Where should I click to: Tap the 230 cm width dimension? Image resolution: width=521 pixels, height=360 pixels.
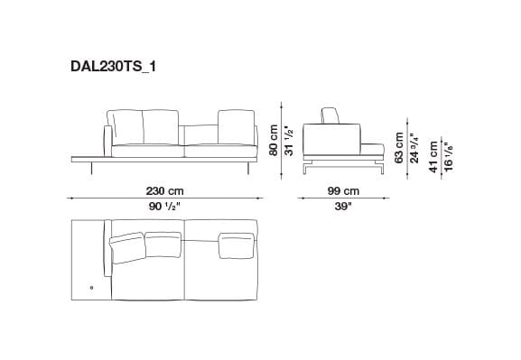[x=165, y=190]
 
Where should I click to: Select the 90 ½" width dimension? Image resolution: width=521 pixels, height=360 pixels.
[x=165, y=207]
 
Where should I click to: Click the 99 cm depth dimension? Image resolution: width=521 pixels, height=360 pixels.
[x=342, y=190]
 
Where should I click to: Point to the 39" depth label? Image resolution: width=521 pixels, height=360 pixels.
[x=342, y=207]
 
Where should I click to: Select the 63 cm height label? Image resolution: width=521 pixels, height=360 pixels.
[x=398, y=145]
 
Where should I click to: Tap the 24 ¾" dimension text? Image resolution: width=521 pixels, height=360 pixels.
[x=414, y=145]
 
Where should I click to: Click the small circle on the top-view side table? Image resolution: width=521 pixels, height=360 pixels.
[x=90, y=288]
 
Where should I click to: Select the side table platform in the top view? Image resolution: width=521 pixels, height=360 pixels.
[x=88, y=257]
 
